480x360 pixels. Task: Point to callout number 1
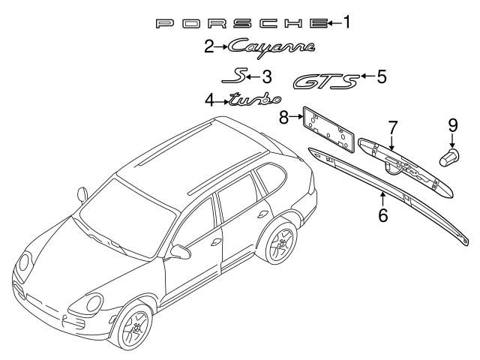pos(346,22)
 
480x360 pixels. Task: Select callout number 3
pos(266,76)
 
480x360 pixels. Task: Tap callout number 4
pos(210,99)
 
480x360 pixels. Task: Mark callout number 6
pos(382,215)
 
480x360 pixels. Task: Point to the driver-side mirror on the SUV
pos(181,249)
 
